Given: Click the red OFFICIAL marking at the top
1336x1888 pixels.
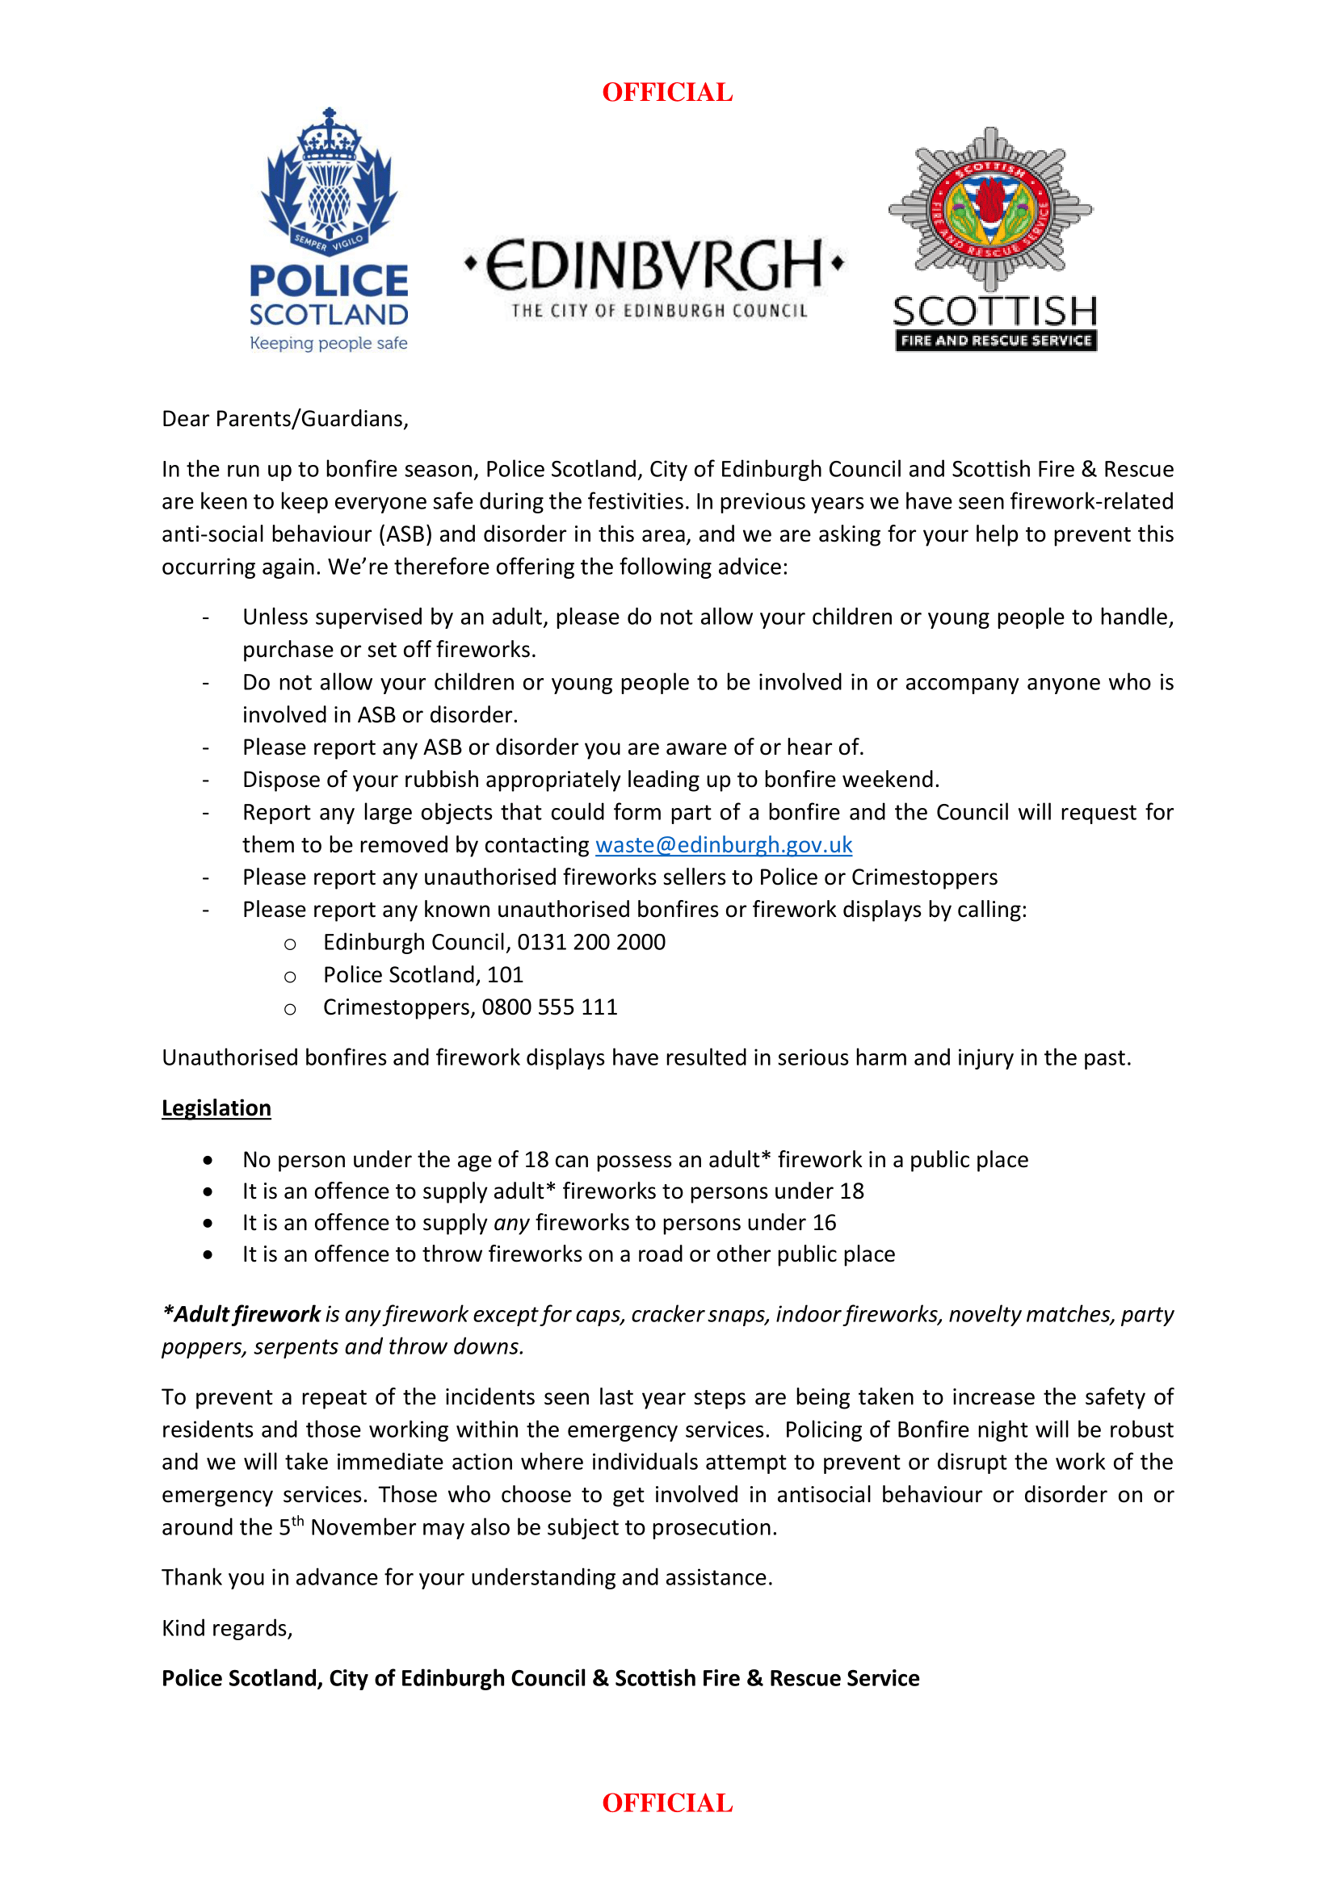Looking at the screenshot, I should click(x=667, y=92).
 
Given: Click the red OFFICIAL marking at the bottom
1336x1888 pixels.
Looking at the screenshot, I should click(x=667, y=1802).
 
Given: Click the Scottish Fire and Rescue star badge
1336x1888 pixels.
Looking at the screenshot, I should click(x=990, y=210).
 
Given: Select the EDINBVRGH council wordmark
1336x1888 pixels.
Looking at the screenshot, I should click(x=654, y=265).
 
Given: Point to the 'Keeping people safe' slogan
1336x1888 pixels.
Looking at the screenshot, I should click(x=328, y=343).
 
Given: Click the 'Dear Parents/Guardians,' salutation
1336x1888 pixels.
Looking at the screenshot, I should click(x=284, y=419).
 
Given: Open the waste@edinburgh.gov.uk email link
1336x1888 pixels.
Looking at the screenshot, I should click(x=723, y=844).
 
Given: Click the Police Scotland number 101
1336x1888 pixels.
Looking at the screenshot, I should click(x=505, y=974).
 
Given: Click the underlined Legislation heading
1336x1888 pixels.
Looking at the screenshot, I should click(x=216, y=1107).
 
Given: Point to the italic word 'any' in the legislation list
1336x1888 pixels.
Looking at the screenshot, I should click(x=510, y=1223).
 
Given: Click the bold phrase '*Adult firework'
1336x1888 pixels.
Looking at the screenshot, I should click(x=241, y=1314).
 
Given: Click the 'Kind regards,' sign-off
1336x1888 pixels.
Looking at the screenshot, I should click(x=227, y=1628).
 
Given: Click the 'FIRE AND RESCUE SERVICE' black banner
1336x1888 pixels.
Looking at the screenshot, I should click(x=995, y=341).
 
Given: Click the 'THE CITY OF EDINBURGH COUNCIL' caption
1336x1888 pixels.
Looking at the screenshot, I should click(x=659, y=311).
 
